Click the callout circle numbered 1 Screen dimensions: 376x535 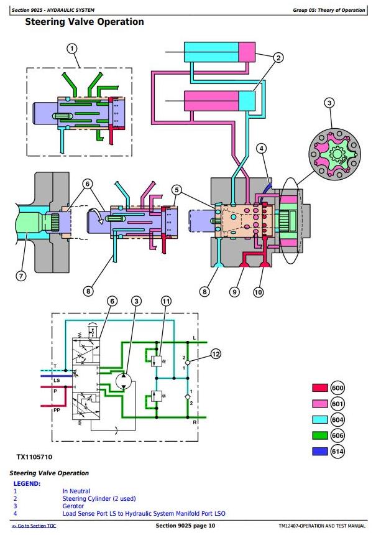pyautogui.click(x=71, y=49)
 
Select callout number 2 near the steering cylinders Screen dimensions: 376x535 pyautogui.click(x=278, y=58)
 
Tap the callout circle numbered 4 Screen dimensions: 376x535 pyautogui.click(x=262, y=149)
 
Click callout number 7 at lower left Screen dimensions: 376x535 pyautogui.click(x=21, y=276)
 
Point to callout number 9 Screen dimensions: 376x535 pyautogui.click(x=234, y=292)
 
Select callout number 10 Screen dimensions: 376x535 pyautogui.click(x=258, y=292)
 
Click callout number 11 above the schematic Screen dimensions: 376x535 pyautogui.click(x=166, y=301)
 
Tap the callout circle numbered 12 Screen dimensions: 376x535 pyautogui.click(x=216, y=354)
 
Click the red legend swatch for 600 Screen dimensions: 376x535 pyautogui.click(x=319, y=388)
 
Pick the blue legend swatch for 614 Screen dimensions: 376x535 pyautogui.click(x=319, y=452)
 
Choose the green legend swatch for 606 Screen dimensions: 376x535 pyautogui.click(x=319, y=435)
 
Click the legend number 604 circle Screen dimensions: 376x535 pyautogui.click(x=337, y=420)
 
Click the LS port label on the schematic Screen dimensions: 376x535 pyautogui.click(x=57, y=380)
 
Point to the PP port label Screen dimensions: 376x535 pyautogui.click(x=57, y=410)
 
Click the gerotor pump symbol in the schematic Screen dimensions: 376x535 pyautogui.click(x=124, y=381)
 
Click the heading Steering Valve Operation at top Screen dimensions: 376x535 pyautogui.click(x=85, y=22)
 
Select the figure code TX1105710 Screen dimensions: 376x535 pyautogui.click(x=34, y=457)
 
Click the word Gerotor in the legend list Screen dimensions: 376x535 pyautogui.click(x=73, y=506)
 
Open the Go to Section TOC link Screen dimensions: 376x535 pyautogui.click(x=34, y=526)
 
